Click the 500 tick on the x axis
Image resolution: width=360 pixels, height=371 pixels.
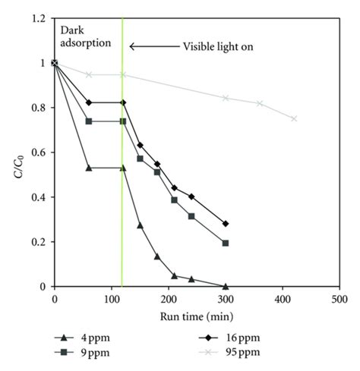(x=339, y=298)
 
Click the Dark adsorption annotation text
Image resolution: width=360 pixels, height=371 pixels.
(x=84, y=37)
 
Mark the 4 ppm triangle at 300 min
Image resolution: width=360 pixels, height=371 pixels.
(x=226, y=287)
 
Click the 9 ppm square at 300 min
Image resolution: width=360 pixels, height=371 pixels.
(x=226, y=243)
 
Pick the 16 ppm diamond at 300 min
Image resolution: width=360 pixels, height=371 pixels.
(x=226, y=224)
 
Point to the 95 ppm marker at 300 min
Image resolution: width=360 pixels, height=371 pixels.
(x=226, y=98)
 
